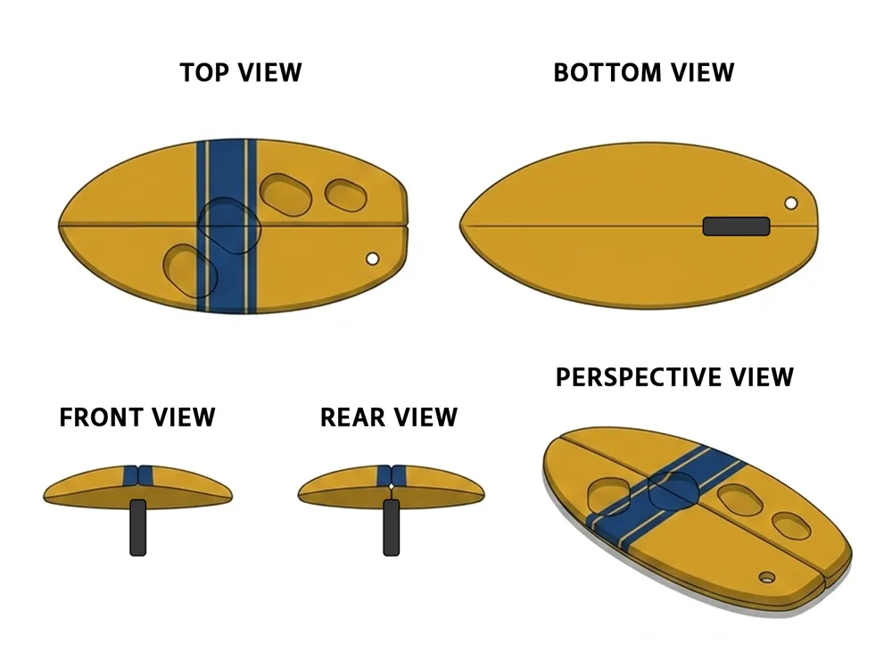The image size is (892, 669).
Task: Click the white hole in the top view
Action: pos(372,259)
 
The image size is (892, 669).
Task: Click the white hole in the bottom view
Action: pos(790,203)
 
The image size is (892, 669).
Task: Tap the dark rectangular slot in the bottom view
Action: pos(736,226)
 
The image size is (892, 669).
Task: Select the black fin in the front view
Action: pos(137,527)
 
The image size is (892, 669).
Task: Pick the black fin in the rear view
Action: pos(391,527)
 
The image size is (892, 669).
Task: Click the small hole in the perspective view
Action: pos(767,577)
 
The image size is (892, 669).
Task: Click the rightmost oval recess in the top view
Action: pos(345,195)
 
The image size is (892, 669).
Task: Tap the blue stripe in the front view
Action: pos(137,475)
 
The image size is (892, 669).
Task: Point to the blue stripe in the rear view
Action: pos(391,475)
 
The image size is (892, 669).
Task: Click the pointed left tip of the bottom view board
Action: pos(461,226)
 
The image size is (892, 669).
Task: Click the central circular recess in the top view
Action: pos(229,226)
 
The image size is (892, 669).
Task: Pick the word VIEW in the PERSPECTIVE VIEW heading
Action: pos(762,377)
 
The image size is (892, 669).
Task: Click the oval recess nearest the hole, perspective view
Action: pos(791,525)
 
